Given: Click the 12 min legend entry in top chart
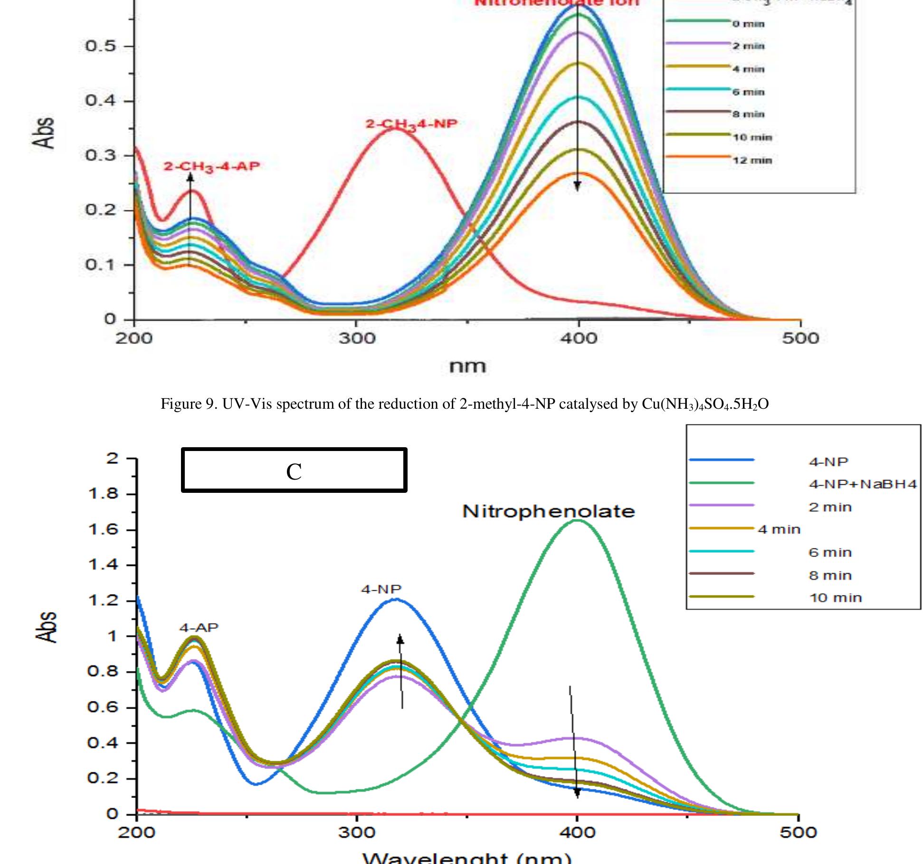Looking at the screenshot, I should (752, 160).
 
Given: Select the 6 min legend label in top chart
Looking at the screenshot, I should (748, 92).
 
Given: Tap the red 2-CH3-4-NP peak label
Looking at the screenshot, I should (411, 124).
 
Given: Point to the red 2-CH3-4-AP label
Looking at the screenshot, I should (212, 166).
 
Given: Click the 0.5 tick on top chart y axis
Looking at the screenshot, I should (100, 47).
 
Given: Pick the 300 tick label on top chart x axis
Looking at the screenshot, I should (357, 338).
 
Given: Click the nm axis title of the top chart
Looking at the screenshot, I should (467, 366).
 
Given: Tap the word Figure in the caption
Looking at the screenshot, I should (181, 404).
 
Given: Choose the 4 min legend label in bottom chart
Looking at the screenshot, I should (779, 529).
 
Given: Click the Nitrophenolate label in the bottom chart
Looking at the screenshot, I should (548, 511).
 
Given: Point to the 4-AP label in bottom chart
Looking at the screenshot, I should (199, 627).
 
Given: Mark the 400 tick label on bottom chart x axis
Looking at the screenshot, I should (577, 832).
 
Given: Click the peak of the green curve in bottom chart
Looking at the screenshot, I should (577, 520).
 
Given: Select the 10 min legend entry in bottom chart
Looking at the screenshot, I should (835, 598).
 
